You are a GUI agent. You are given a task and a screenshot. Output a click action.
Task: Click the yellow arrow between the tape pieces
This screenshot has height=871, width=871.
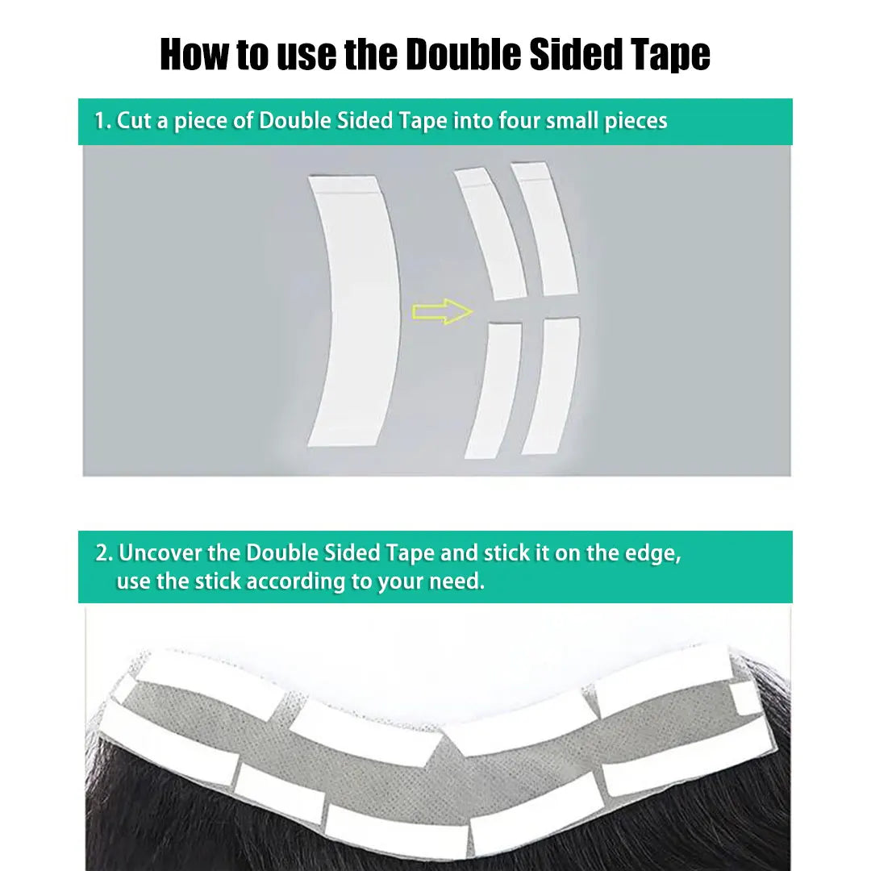click(443, 311)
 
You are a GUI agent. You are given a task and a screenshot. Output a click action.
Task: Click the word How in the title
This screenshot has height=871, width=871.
click(194, 55)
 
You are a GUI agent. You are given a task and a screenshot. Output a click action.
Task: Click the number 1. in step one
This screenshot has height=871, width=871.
click(102, 120)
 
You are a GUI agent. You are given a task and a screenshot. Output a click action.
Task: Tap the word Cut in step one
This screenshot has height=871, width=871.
click(133, 120)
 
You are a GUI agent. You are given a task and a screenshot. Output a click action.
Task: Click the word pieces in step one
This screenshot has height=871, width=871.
click(636, 122)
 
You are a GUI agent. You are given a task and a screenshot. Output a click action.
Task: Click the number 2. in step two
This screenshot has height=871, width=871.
click(104, 553)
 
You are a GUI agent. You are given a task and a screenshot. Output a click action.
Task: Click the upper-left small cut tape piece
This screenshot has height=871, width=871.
click(490, 233)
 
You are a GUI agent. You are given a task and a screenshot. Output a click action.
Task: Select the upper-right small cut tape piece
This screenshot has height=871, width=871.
click(544, 228)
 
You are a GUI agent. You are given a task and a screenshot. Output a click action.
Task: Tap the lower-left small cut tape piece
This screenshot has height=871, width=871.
click(494, 391)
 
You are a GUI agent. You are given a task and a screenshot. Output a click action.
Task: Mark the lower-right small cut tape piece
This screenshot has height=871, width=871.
click(551, 385)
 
